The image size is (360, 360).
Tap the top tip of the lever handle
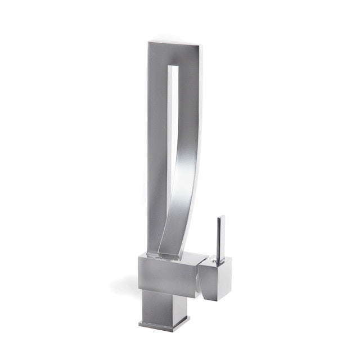pos(221,217)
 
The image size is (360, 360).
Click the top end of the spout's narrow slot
pos(175,68)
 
